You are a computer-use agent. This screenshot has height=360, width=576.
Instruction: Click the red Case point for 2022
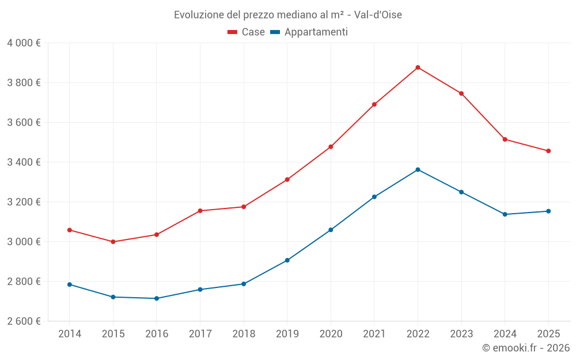418,67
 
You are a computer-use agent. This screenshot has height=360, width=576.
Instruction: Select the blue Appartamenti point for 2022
418,170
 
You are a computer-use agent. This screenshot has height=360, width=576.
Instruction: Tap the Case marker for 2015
113,242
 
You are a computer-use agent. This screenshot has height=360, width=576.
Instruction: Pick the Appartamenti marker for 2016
157,298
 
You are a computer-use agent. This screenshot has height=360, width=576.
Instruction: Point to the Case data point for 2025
548,151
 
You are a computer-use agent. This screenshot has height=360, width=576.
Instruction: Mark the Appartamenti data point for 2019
287,260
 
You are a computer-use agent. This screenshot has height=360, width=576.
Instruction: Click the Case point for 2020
331,147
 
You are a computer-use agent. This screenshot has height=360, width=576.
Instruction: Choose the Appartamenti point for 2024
505,214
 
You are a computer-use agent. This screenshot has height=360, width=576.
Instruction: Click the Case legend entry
247,32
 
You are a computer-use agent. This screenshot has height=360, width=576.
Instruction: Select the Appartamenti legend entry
309,32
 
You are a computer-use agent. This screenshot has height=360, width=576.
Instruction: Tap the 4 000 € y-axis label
24,43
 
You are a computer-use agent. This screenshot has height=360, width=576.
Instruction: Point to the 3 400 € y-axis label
24,162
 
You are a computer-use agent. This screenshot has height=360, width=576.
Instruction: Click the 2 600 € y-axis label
24,321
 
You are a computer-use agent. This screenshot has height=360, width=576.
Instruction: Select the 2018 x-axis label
244,334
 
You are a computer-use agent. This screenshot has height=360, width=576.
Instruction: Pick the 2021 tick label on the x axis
374,334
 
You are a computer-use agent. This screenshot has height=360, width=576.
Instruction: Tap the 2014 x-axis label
70,334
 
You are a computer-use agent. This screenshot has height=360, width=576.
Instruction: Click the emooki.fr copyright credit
526,348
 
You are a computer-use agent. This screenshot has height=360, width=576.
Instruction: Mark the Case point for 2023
461,93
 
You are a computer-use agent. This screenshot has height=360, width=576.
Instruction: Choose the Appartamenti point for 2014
70,285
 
